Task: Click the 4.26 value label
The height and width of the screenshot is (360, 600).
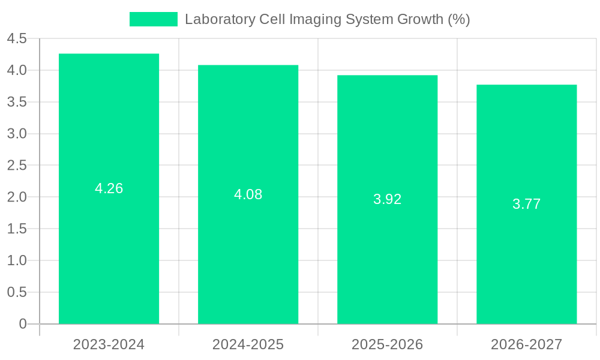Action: click(109, 188)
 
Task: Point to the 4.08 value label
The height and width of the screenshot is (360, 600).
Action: click(248, 194)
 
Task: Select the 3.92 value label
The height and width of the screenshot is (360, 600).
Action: click(387, 199)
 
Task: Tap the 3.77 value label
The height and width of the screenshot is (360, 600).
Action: click(526, 204)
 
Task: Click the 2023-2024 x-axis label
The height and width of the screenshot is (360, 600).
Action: click(109, 344)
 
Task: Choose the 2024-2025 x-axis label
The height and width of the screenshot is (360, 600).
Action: click(248, 344)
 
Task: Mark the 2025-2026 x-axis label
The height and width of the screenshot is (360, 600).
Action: click(387, 344)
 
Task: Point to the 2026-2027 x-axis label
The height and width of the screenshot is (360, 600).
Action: click(526, 344)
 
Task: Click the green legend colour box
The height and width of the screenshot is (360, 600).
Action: click(154, 19)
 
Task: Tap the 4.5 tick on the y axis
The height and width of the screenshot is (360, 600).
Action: click(17, 39)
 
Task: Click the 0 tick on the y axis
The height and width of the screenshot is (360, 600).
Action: click(23, 324)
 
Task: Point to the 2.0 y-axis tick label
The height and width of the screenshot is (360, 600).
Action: click(17, 197)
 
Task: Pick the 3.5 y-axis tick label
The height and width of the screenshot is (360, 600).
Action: click(17, 102)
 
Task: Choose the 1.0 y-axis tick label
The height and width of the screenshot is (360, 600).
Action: click(17, 260)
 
